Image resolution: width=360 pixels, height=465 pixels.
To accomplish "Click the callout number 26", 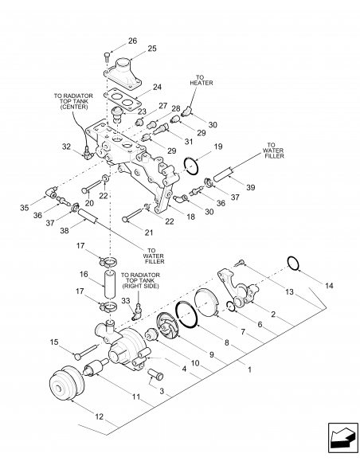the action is pos(132,41).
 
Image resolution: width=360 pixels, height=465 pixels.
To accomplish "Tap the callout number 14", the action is pos(329,286).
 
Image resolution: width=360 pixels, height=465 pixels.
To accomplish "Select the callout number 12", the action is pos(99,416).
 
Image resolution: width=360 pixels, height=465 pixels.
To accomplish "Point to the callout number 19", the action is pos(218,147).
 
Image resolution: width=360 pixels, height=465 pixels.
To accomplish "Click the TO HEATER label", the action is pos(202,80).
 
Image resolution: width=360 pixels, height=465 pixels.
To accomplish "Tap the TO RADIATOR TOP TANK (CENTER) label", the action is pos(73,101).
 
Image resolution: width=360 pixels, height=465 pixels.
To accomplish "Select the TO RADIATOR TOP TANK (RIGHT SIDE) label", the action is pos(140,280).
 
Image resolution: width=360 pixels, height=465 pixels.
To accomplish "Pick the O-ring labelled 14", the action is pos(293,263).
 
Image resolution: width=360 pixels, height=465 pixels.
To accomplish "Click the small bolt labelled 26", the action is pos(107,57).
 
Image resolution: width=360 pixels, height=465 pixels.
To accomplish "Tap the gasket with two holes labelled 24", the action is pos(122,100).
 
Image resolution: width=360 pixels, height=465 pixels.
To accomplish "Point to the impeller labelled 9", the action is pos(168,326).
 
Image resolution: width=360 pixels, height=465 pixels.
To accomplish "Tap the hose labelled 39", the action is pos(223,174).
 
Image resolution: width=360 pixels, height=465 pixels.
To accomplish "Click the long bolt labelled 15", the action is pos(86,350).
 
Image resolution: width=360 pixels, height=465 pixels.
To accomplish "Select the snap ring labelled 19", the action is pos(191,166).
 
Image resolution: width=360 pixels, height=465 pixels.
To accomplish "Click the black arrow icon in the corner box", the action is pos(342,437).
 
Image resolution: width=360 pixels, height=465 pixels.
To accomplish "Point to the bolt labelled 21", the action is pos(133,215).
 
